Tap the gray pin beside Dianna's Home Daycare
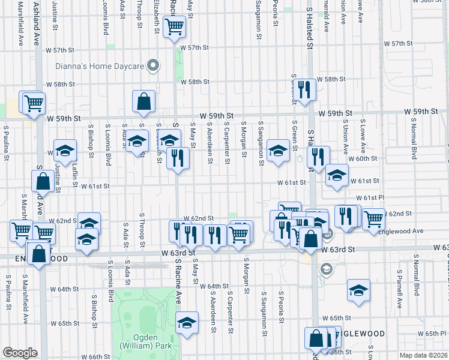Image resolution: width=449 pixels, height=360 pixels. tap(154, 65)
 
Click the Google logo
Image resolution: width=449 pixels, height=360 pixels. tap(20, 353)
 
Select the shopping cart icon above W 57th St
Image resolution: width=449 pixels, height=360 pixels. tap(174, 26)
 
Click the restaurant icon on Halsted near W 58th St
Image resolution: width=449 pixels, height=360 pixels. tap(305, 91)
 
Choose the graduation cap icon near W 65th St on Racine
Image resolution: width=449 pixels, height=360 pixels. tap(187, 323)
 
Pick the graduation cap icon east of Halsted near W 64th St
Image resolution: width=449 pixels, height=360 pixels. tap(358, 292)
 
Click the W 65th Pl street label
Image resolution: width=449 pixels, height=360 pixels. tap(426, 333)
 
